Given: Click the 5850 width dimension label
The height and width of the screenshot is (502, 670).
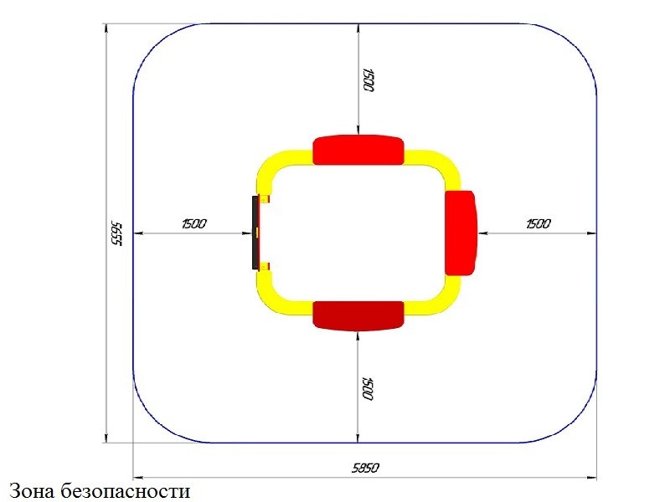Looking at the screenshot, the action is click(x=365, y=468).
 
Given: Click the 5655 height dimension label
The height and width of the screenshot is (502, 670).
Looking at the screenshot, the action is click(x=116, y=233).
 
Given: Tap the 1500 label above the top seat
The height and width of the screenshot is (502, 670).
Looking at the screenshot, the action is click(x=368, y=79).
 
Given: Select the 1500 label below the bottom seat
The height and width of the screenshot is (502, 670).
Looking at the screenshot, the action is click(x=368, y=389).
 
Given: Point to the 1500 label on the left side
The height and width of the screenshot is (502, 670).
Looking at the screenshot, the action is click(x=194, y=223).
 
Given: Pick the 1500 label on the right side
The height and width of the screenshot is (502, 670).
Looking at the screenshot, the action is click(x=539, y=223).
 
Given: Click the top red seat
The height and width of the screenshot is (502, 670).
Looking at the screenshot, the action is click(x=358, y=150).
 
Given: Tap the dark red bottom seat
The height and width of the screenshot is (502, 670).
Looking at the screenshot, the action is click(x=358, y=316).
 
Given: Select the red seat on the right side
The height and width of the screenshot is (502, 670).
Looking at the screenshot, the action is click(x=461, y=233).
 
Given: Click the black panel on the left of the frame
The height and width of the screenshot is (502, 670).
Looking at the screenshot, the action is click(x=255, y=233).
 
